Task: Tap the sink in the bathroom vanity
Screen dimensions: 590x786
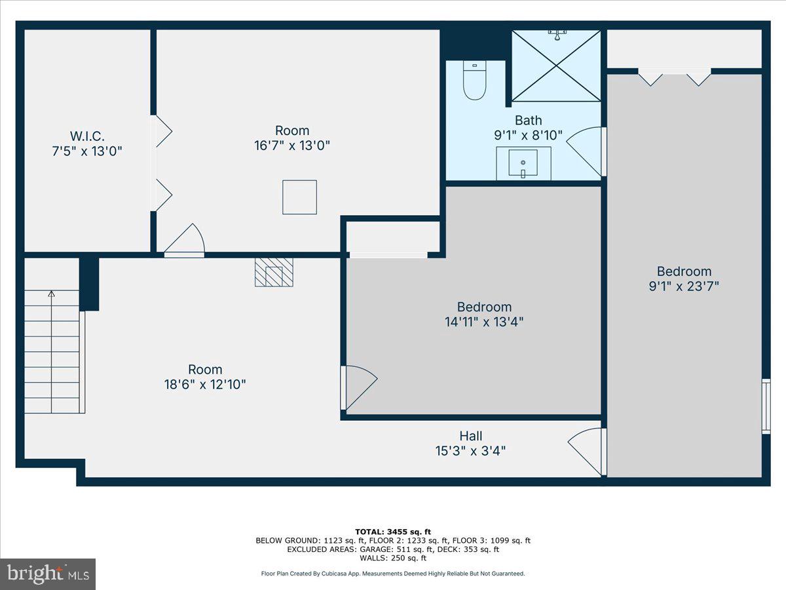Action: pos(523,163)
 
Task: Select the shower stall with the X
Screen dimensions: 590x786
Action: pos(555,66)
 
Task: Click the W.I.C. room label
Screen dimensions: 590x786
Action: pos(88,136)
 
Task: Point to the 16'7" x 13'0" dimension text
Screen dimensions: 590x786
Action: pos(291,146)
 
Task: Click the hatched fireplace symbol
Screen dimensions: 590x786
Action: pos(274,271)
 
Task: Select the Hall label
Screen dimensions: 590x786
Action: pos(470,436)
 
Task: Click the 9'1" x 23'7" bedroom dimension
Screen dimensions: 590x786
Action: pos(684,286)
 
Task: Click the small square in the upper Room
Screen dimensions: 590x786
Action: pos(299,197)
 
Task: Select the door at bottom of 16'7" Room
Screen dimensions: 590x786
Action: pos(185,241)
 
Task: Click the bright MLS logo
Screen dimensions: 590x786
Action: pos(48,574)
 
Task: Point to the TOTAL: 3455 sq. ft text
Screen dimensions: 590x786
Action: pos(392,532)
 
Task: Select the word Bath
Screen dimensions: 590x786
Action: pos(528,120)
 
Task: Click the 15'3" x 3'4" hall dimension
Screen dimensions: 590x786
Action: pos(470,451)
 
